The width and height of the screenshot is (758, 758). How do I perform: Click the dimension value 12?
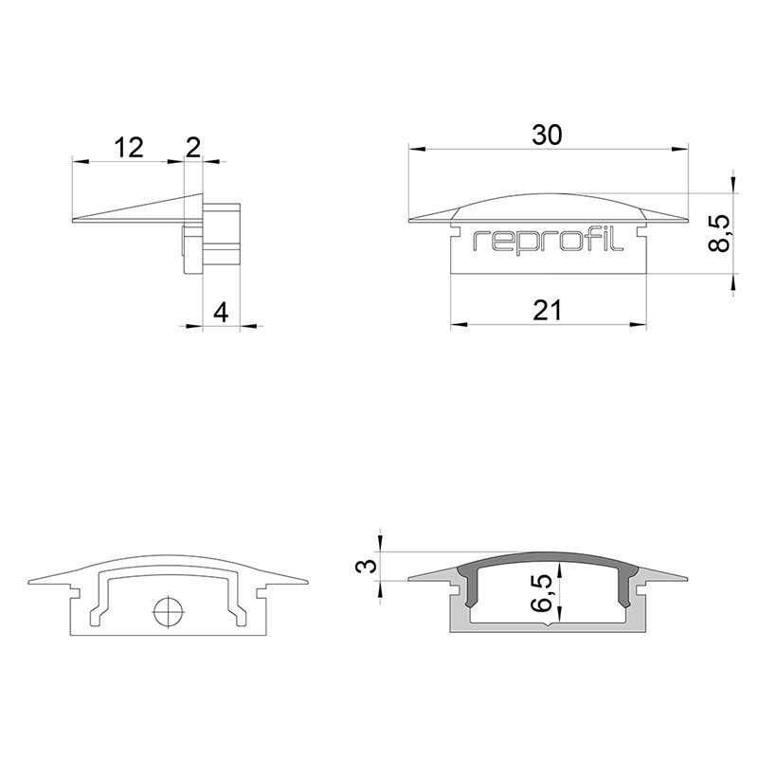pos(129,148)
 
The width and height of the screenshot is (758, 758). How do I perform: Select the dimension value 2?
pos(193,148)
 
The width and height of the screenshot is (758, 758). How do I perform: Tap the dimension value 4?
pos(221,313)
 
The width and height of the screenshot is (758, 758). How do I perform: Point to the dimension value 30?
pos(547,135)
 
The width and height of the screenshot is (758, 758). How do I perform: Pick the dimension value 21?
pos(548,311)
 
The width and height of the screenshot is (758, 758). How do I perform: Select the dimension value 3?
pos(367,565)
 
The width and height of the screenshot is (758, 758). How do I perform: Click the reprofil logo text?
pos(548,241)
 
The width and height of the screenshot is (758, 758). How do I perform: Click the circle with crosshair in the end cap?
pos(168,611)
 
